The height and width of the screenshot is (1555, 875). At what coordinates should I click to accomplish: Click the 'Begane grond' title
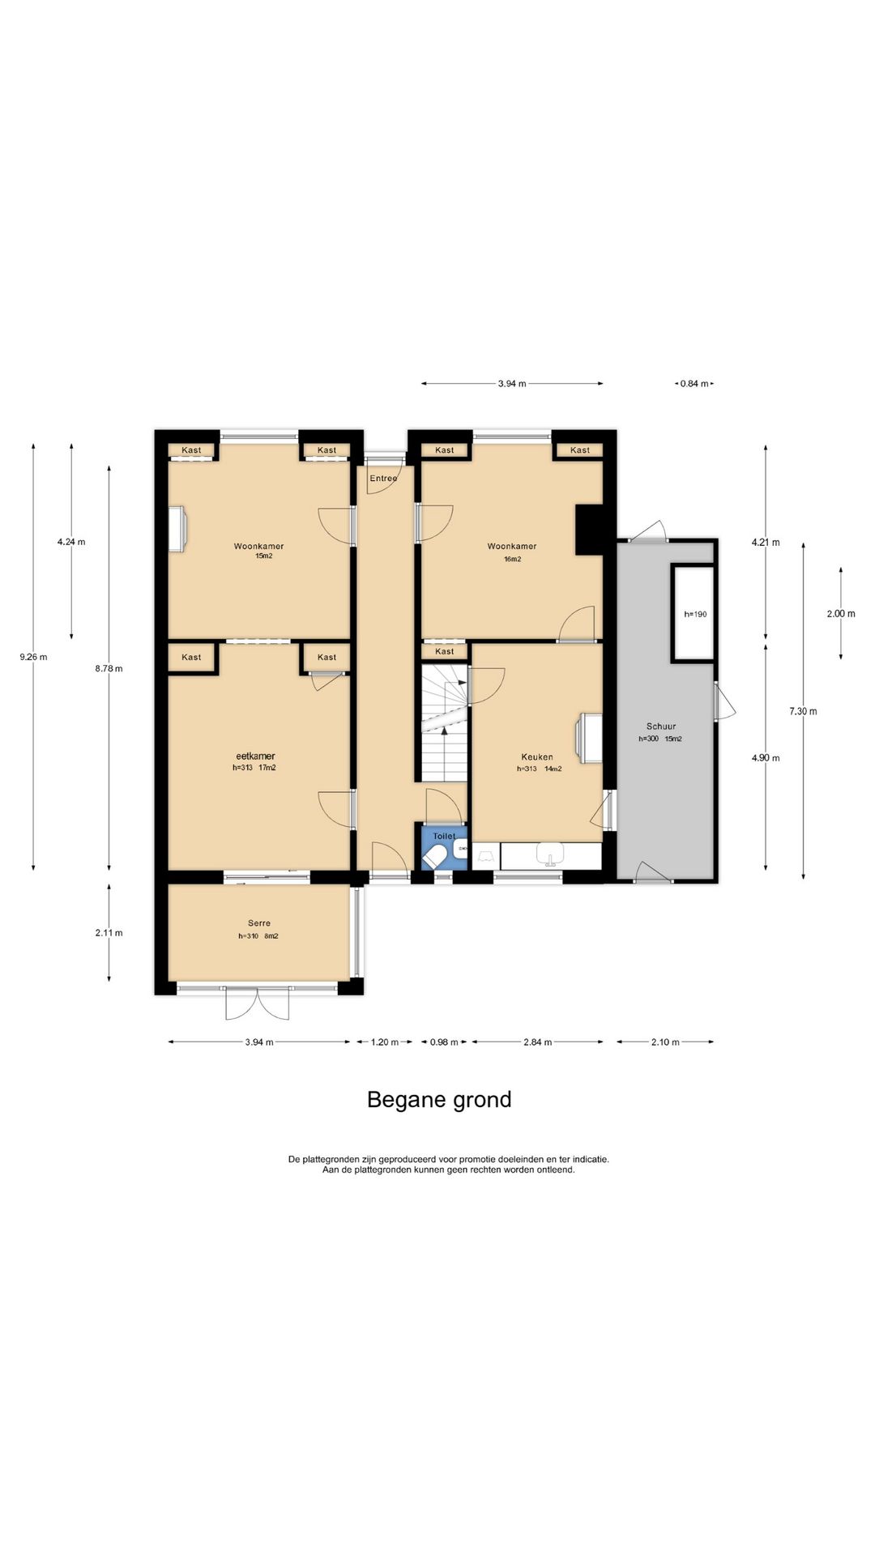point(439,1100)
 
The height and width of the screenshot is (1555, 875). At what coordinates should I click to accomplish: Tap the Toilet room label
point(444,836)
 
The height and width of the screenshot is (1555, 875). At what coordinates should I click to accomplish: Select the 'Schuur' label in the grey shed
point(661,726)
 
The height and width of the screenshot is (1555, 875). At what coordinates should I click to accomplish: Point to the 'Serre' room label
point(259,923)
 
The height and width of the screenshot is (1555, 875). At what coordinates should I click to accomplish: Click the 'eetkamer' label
point(255,756)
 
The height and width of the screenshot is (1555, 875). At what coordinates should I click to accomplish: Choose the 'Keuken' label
point(537,757)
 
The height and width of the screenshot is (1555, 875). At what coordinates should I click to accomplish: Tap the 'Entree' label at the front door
point(384,479)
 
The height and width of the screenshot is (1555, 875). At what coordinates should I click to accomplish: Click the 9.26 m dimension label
point(33,657)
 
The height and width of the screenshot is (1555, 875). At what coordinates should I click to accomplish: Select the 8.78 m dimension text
point(109,668)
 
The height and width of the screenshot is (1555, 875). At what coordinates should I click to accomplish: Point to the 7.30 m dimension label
point(803,711)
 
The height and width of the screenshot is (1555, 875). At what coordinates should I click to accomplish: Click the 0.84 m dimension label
point(694,384)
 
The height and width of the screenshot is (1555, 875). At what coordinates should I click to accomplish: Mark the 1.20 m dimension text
point(385,1042)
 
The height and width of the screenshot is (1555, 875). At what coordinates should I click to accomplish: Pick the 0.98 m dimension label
point(444,1042)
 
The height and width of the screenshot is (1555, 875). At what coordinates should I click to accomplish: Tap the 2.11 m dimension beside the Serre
point(109,933)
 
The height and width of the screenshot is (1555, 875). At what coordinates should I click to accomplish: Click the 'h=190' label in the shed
point(695,614)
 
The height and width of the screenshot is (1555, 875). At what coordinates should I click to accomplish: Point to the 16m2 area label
point(512,559)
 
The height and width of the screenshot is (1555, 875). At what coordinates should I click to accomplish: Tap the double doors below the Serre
point(257,1003)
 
